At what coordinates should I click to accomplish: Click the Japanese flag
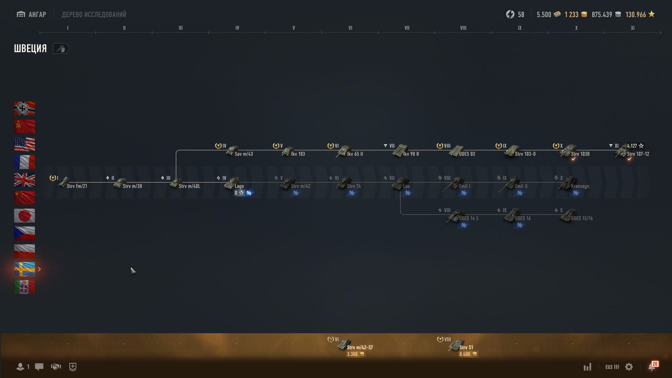click(x=24, y=216)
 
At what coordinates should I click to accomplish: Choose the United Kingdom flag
click(x=24, y=180)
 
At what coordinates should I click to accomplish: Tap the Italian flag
click(x=24, y=287)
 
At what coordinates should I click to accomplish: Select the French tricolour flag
click(x=24, y=162)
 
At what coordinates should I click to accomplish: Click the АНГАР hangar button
click(x=31, y=14)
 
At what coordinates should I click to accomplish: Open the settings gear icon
click(x=629, y=367)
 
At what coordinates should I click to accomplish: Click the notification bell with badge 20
click(x=652, y=367)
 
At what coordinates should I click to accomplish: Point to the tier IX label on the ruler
click(x=520, y=28)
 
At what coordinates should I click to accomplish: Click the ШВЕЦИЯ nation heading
click(x=30, y=48)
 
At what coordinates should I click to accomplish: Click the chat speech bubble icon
click(x=39, y=367)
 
